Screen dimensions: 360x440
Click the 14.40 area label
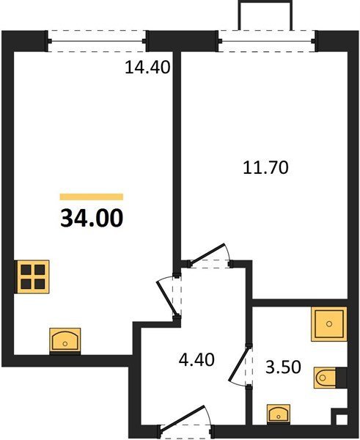(147, 67)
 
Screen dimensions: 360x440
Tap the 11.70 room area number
(265, 167)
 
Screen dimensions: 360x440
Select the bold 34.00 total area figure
(92, 219)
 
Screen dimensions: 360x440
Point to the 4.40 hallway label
(196, 360)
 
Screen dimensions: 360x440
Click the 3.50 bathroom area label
(284, 367)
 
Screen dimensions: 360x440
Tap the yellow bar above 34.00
(92, 197)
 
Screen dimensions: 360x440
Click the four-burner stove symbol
(32, 277)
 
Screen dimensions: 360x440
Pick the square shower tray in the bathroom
(329, 324)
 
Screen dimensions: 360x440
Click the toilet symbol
(325, 378)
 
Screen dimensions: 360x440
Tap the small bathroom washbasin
(279, 414)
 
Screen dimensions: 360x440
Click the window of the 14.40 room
(97, 41)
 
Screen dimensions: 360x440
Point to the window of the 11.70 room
(267, 41)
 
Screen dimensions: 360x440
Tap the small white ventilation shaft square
(342, 419)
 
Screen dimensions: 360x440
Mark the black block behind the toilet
(342, 378)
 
